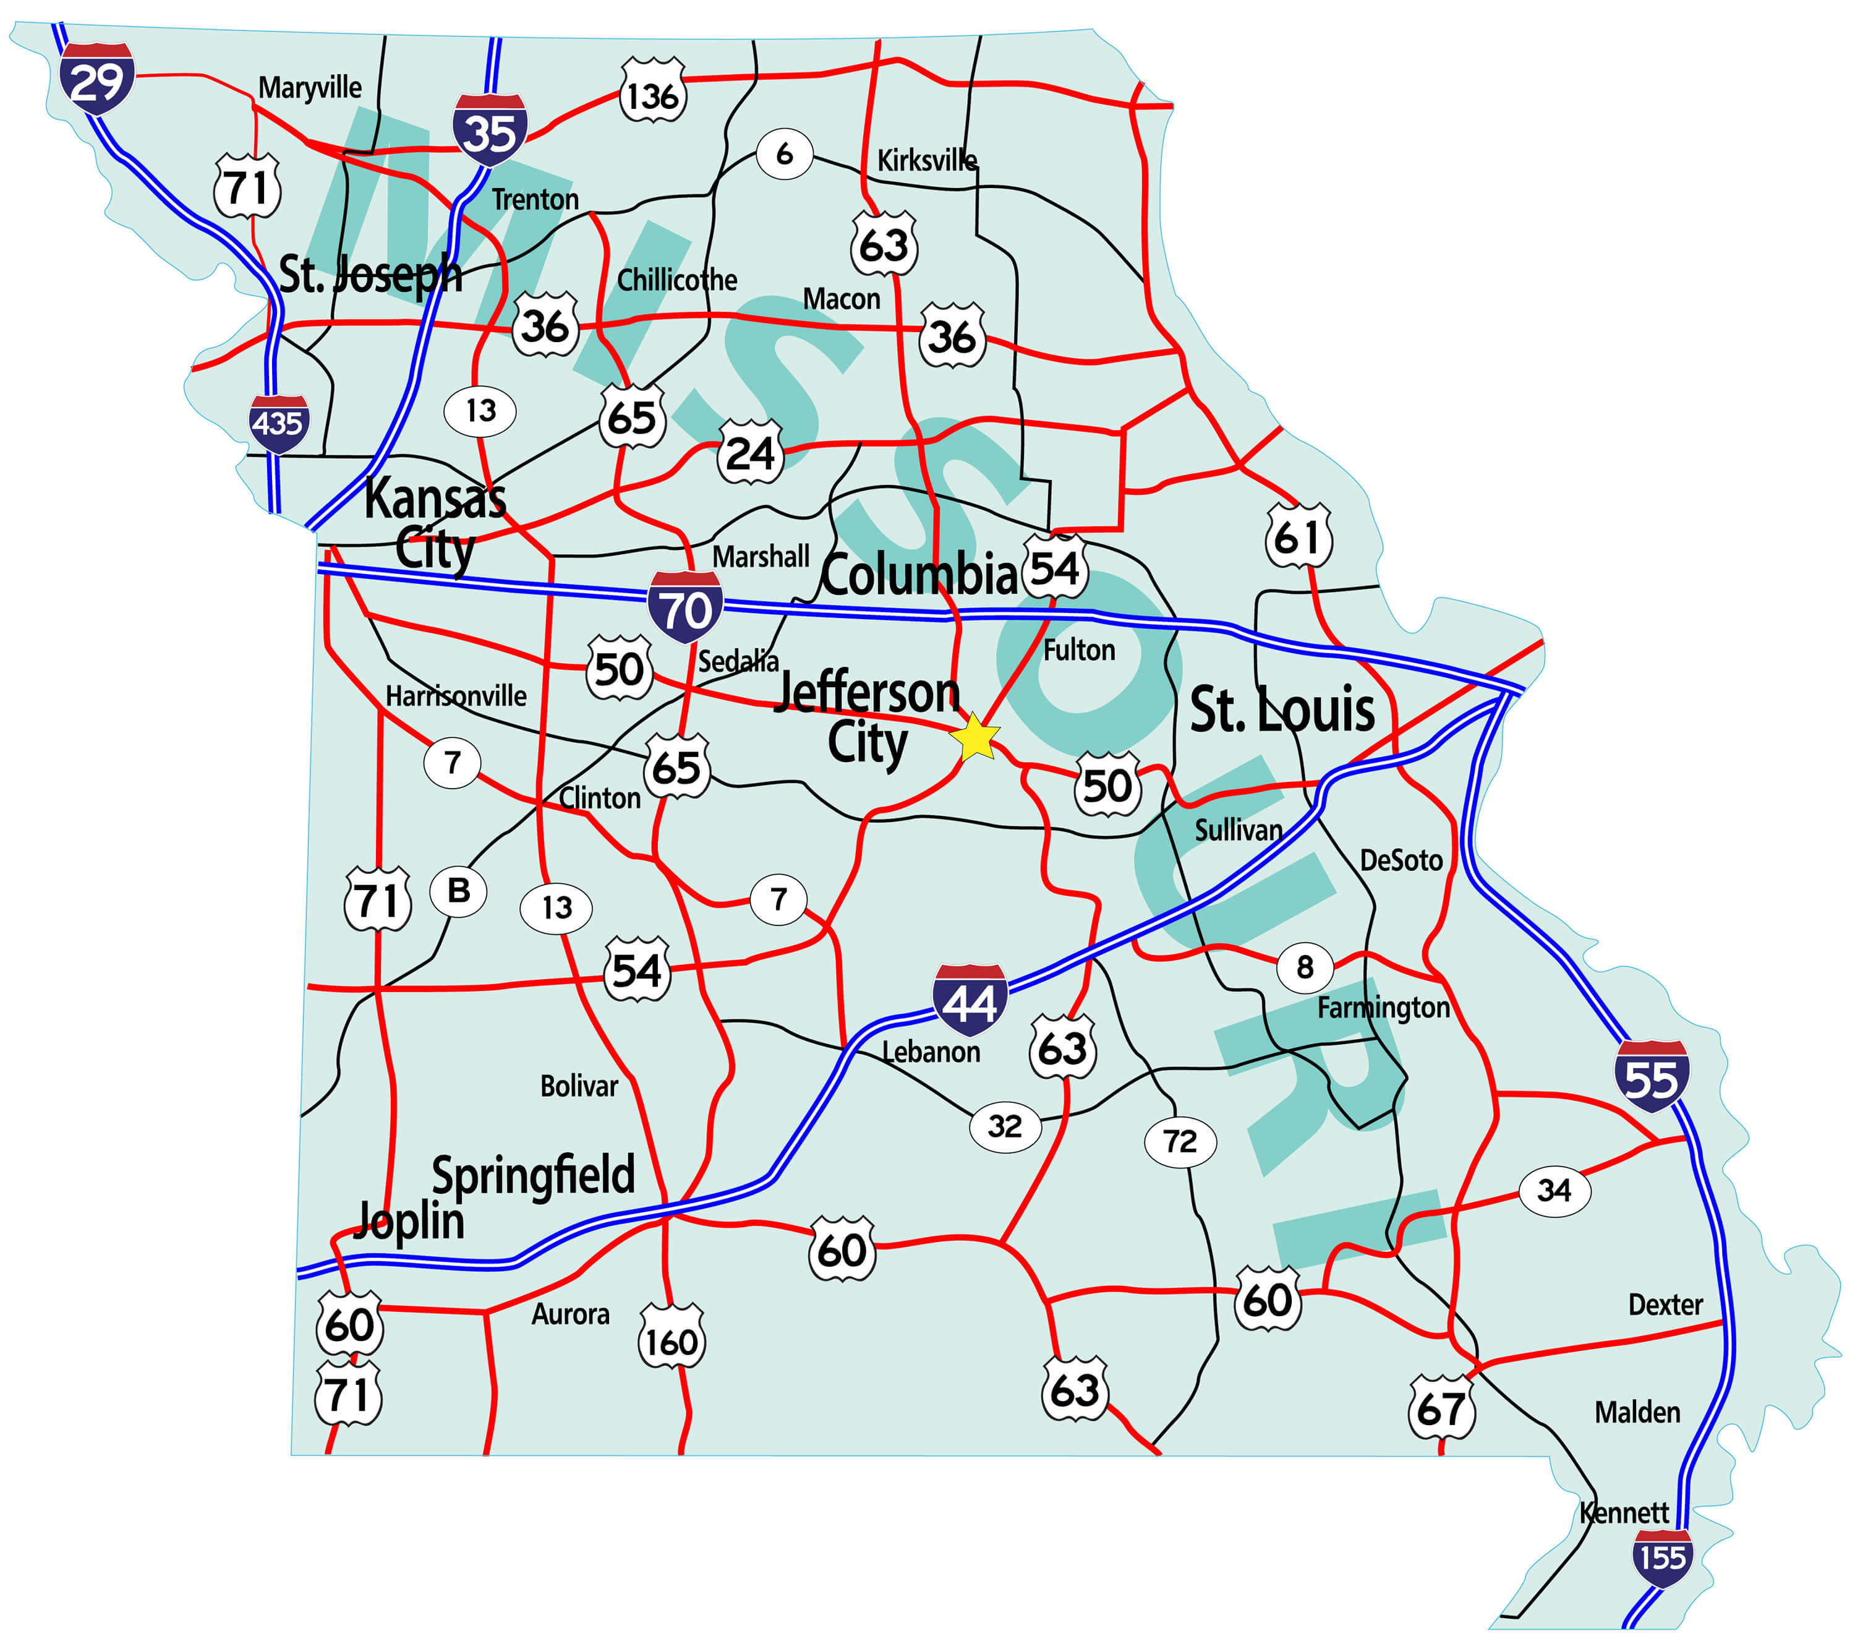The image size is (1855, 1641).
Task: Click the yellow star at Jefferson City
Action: coord(974,737)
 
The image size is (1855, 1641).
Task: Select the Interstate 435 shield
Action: coord(279,424)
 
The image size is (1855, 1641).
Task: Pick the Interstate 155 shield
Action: coord(1661,1557)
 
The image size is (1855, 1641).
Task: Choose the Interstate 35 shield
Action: coord(490,130)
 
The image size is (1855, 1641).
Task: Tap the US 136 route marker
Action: coord(652,93)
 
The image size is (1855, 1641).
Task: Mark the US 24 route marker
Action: coord(751,452)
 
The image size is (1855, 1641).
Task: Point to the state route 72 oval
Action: coord(1180,1141)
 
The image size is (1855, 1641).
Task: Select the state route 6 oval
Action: coord(784,153)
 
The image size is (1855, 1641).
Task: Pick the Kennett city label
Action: coord(1624,1512)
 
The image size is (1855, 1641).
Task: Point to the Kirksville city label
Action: coord(927,161)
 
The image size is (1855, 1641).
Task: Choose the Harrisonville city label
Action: coord(456,696)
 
